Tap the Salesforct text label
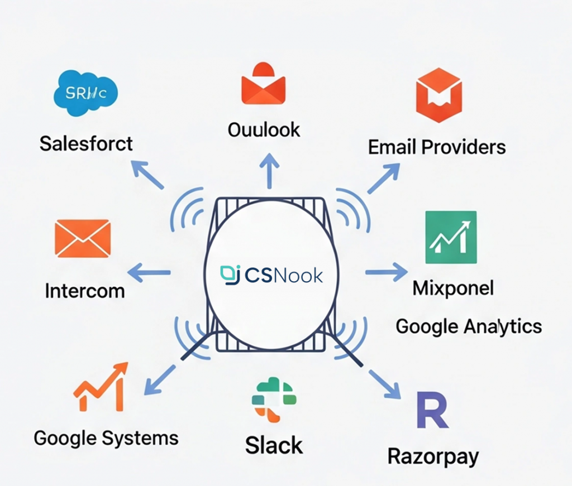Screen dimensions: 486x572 pos(86,143)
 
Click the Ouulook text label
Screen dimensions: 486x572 pos(264,129)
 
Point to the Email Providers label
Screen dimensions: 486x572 pos(437,147)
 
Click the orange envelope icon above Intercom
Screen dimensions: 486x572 pos(83,238)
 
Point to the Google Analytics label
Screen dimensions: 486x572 pos(469,326)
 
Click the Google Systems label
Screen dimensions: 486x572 pos(106,437)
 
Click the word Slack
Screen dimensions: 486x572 pos(274,445)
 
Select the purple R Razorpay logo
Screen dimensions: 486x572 pos(432,411)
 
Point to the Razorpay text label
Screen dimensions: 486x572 pos(433,456)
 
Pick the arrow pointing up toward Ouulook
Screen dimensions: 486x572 pos(270,171)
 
